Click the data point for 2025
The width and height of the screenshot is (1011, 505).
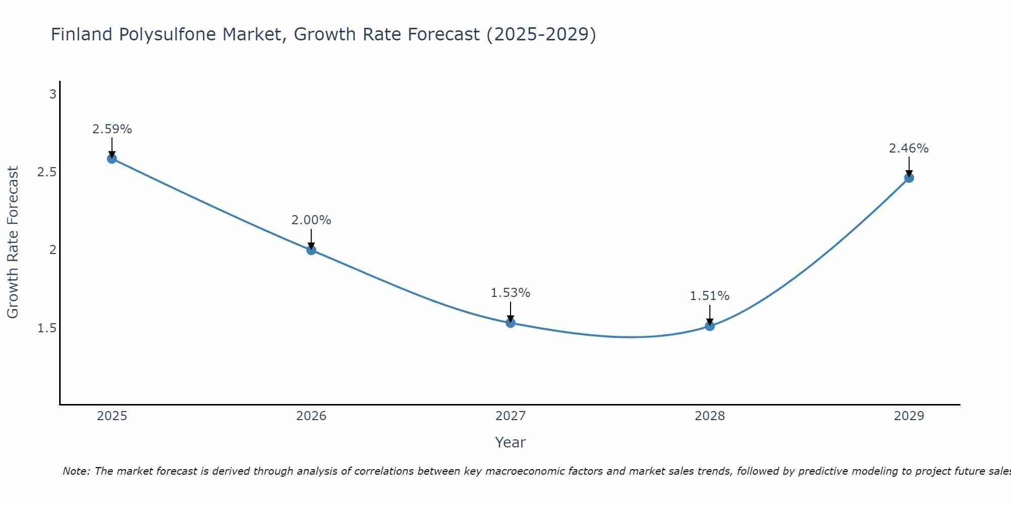tap(112, 159)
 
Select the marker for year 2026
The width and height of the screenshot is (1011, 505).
tap(311, 250)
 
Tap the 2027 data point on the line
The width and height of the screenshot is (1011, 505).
tap(511, 323)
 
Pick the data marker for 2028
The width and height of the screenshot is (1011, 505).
tap(710, 326)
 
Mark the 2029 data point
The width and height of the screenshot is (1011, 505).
tap(909, 178)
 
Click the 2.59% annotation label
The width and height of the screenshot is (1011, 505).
tap(112, 129)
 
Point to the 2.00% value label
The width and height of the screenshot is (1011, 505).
tap(311, 220)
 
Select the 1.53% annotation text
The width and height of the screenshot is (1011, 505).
tap(511, 293)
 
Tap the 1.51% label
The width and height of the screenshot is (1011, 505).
tap(710, 296)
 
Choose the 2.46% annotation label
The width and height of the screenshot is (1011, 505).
tap(909, 148)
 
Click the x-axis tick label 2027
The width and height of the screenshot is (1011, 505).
tap(511, 416)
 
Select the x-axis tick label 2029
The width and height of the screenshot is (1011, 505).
tap(909, 416)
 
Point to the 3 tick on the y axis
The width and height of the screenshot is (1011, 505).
tap(53, 94)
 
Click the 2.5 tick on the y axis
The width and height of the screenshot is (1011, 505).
tap(47, 172)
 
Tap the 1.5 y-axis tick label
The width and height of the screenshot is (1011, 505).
tap(47, 328)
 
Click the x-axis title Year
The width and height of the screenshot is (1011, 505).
tap(511, 442)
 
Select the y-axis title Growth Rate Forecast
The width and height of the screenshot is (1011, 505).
tap(13, 242)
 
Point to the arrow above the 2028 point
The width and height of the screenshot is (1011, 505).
tap(710, 314)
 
